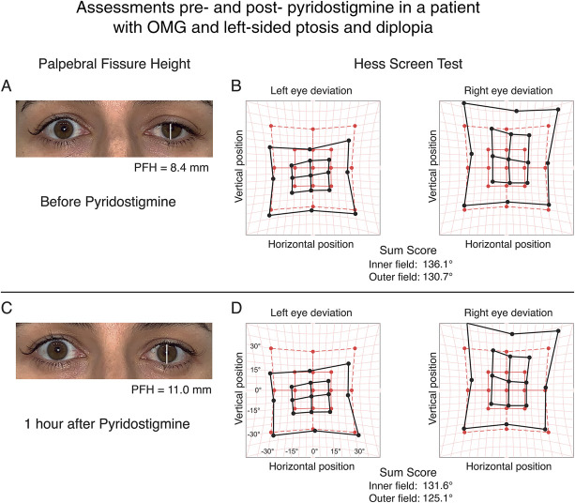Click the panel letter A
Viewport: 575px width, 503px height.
click(x=7, y=85)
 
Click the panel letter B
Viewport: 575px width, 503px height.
click(x=236, y=85)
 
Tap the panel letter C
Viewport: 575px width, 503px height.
click(x=7, y=308)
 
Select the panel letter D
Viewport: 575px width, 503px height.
click(x=237, y=308)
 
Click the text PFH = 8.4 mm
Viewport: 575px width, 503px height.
click(x=172, y=168)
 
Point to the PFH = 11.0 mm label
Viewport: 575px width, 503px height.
click(x=172, y=389)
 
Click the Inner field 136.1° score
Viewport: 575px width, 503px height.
click(x=411, y=264)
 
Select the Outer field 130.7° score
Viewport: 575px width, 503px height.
click(x=411, y=277)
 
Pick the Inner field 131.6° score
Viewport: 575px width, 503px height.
click(x=411, y=486)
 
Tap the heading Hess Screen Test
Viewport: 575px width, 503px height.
click(x=408, y=64)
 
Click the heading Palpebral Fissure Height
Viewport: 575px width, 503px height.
click(x=114, y=64)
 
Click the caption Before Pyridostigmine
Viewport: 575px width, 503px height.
click(x=108, y=202)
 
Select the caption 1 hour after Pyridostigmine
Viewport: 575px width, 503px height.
click(x=107, y=424)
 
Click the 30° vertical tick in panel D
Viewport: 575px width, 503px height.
click(x=255, y=346)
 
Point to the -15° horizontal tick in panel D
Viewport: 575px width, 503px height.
click(x=292, y=450)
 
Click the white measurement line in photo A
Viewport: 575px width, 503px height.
click(x=170, y=131)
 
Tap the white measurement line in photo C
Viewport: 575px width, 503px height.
click(x=167, y=353)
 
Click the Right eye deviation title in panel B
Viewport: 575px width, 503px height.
click(x=508, y=91)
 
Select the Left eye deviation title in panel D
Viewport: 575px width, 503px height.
click(x=311, y=312)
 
